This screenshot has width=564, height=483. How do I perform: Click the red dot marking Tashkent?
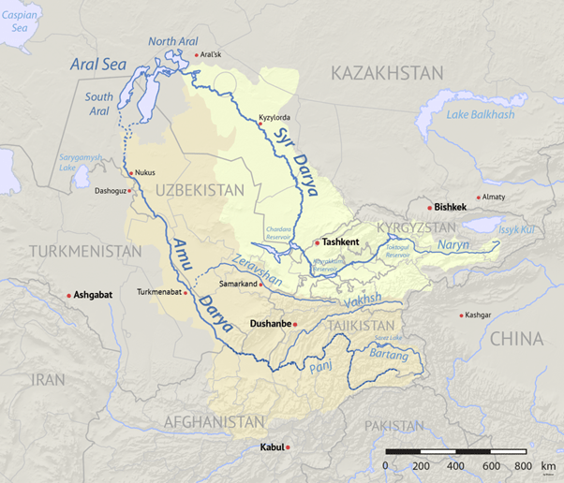point(318,242)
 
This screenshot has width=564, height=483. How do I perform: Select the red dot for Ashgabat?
point(69,296)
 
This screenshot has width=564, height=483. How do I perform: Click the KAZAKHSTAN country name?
point(386,72)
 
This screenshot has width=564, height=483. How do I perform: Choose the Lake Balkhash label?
point(481,114)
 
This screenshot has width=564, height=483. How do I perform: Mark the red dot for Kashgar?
point(461,315)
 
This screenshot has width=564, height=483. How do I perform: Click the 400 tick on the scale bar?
point(454,465)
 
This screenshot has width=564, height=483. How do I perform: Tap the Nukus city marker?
point(130,173)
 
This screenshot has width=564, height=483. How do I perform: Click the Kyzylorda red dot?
point(260,124)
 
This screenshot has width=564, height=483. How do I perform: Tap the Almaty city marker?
point(479,198)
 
